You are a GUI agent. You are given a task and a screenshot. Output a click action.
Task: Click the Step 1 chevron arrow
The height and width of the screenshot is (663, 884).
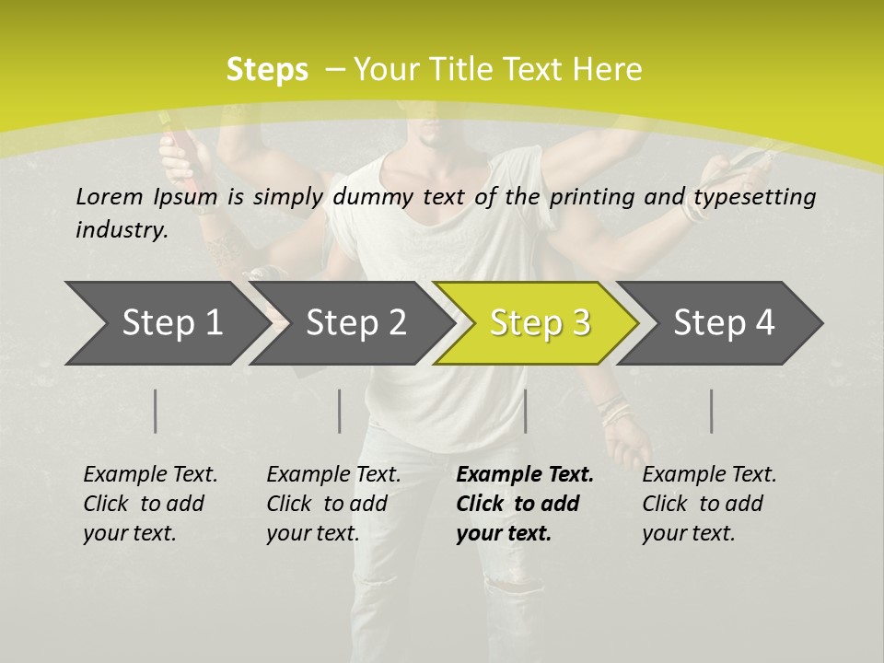(x=166, y=322)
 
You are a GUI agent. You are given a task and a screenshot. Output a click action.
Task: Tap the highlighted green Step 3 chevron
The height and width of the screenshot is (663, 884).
(x=539, y=322)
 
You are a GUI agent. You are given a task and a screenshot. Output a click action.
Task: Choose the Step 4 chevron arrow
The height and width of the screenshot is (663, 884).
(x=723, y=322)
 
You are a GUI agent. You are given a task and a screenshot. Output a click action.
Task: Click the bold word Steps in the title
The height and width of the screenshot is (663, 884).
(x=267, y=69)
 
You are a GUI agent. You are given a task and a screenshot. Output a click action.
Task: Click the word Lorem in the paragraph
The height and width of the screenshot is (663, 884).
(x=108, y=196)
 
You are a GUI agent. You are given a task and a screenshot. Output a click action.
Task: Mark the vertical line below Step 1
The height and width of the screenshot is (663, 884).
(x=156, y=411)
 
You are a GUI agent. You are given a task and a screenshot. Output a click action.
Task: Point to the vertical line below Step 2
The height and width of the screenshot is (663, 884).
(x=340, y=411)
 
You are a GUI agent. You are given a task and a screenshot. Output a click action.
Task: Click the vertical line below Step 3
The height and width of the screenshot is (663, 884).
(x=525, y=411)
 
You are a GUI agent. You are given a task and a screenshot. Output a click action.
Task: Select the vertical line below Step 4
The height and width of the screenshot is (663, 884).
(x=712, y=411)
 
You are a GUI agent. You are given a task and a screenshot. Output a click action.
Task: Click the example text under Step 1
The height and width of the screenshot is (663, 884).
(x=150, y=504)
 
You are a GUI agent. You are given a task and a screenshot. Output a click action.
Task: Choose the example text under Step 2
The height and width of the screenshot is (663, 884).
(x=333, y=504)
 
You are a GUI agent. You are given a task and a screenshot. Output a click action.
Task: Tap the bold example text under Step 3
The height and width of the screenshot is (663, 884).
(x=525, y=504)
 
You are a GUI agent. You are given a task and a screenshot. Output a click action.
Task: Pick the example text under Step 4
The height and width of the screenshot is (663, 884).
(x=709, y=504)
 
